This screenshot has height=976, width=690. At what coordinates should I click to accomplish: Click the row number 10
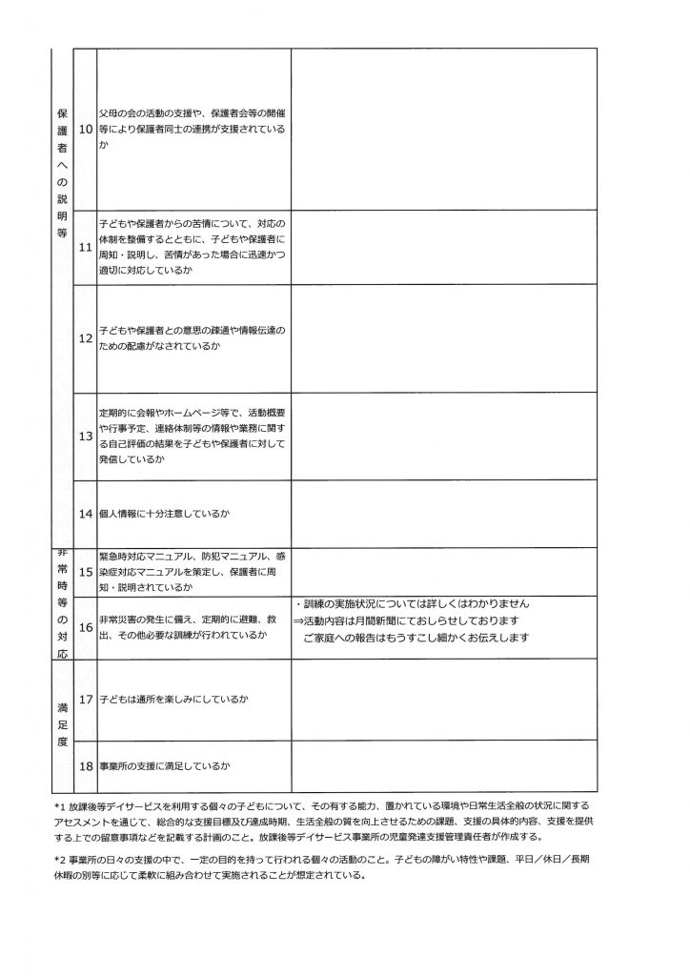pyautogui.click(x=85, y=129)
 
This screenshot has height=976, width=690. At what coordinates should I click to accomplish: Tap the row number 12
pyautogui.click(x=85, y=337)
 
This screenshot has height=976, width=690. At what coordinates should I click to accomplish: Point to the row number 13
pyautogui.click(x=85, y=435)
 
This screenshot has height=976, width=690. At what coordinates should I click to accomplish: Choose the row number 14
pyautogui.click(x=85, y=514)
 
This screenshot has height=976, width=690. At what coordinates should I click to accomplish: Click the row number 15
pyautogui.click(x=85, y=571)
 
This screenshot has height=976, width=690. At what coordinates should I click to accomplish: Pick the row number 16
pyautogui.click(x=85, y=627)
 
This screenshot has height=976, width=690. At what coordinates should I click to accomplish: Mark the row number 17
pyautogui.click(x=85, y=700)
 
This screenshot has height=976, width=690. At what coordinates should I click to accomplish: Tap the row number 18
pyautogui.click(x=85, y=765)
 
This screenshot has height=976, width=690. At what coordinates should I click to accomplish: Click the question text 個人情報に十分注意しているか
pyautogui.click(x=165, y=514)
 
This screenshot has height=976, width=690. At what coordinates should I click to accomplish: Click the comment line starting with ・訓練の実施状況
pyautogui.click(x=412, y=605)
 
